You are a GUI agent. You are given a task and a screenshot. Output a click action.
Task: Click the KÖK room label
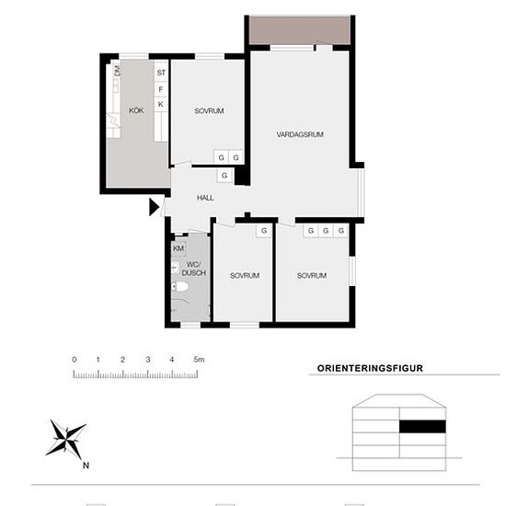click(x=136, y=110)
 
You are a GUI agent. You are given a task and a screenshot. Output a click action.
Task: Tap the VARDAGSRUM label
click(x=300, y=134)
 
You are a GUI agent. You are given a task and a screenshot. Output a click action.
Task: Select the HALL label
click(x=205, y=198)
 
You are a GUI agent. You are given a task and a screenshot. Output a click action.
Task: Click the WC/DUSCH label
click(x=193, y=269)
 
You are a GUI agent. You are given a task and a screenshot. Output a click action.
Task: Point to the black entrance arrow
click(x=154, y=207)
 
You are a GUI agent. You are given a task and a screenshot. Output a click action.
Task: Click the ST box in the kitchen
click(x=161, y=73)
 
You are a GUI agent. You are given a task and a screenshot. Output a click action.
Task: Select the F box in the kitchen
click(x=161, y=88)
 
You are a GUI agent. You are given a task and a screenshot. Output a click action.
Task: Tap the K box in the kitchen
click(x=161, y=104)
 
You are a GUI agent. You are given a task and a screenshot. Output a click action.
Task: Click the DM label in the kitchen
click(x=117, y=71)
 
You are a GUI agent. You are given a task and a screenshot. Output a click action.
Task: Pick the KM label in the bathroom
click(x=178, y=248)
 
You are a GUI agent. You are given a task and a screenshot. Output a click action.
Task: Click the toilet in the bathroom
click(x=179, y=286)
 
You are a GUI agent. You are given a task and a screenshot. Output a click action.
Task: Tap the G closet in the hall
click(x=224, y=175)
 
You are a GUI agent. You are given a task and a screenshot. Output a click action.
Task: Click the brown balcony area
click(x=300, y=29)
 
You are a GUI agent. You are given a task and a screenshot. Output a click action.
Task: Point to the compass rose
click(x=66, y=439)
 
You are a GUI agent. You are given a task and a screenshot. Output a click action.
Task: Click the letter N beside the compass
click(x=86, y=466)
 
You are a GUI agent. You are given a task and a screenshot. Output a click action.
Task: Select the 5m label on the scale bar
click(x=199, y=359)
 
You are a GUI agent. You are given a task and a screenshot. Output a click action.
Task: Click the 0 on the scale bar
click(x=75, y=359)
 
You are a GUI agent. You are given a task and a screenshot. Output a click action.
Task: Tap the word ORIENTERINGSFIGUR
click(x=370, y=368)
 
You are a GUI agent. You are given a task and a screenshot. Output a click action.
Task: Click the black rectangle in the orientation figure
click(x=423, y=426)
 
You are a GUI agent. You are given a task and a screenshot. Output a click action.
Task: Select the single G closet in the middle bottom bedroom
click(x=264, y=231)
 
